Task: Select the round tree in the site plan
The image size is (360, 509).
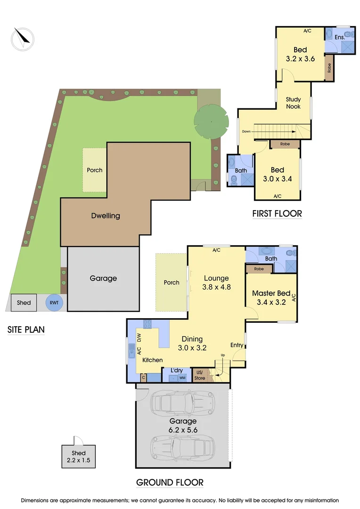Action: (211, 121)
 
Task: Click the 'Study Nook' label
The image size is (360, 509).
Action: (293, 103)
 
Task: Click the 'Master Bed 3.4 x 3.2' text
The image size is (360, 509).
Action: (271, 297)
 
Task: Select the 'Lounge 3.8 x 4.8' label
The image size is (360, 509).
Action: (216, 282)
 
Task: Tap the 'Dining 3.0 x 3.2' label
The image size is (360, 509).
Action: (192, 343)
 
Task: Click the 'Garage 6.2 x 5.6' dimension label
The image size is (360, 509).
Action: (184, 425)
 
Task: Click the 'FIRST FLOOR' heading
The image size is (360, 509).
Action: (277, 213)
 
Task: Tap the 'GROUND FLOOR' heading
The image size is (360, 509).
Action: (170, 482)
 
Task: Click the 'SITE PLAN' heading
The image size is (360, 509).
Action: (26, 329)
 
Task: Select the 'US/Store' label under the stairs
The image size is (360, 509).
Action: (200, 376)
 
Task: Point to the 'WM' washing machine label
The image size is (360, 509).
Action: (182, 378)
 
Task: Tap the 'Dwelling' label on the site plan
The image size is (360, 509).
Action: (106, 216)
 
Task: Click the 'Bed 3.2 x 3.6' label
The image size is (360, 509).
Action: (300, 54)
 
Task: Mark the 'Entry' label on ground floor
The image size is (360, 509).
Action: (237, 345)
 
